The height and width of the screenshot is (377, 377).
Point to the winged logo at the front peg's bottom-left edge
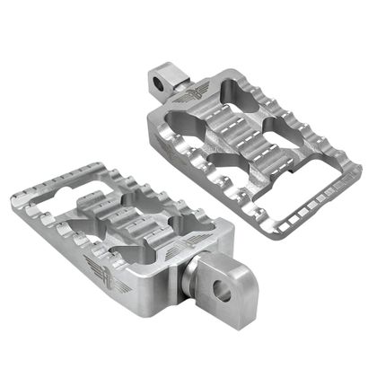(x=101, y=266)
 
